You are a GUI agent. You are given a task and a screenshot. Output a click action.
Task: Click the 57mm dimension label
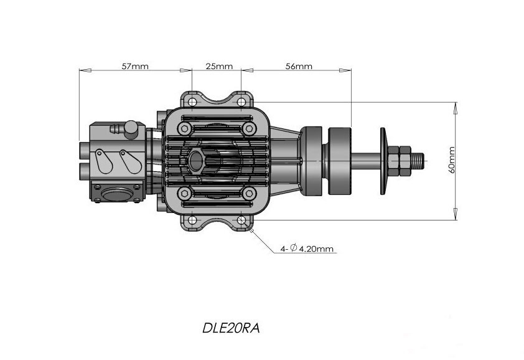134,66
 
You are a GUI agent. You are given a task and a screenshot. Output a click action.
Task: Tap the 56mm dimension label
299,66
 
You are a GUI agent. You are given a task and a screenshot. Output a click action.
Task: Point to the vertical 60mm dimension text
452,160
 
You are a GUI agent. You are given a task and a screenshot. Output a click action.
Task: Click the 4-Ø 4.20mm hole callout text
307,249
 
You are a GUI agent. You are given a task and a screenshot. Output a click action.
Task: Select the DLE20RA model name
230,328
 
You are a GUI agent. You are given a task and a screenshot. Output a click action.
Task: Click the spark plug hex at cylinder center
196,161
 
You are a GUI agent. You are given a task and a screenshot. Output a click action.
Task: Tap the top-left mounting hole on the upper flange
192,102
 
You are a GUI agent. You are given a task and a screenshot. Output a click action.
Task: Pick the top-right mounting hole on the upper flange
241,102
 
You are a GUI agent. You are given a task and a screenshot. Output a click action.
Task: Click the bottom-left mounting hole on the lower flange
192,220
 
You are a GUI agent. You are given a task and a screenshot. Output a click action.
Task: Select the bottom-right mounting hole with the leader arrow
241,220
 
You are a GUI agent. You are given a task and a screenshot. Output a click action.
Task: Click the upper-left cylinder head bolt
184,129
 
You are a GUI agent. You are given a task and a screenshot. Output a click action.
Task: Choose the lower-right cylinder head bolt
249,194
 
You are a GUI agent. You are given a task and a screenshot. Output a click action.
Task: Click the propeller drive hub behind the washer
339,160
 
